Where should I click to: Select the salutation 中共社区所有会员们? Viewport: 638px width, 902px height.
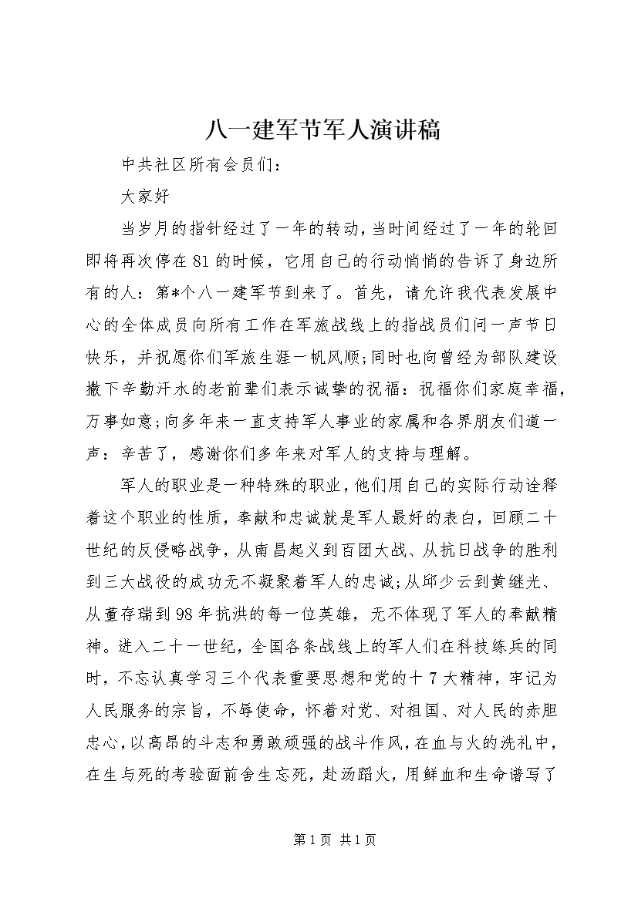point(202,164)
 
